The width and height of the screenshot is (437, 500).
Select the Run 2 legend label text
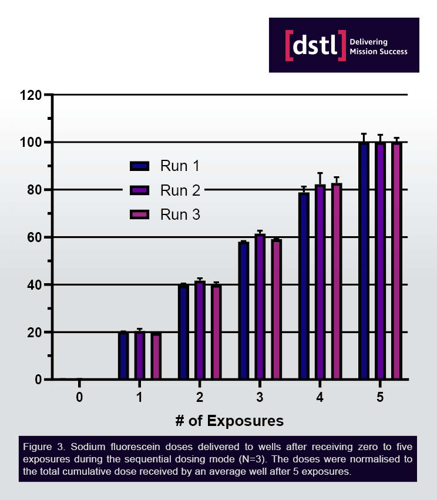(180, 190)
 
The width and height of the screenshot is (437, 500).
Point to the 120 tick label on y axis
(31, 95)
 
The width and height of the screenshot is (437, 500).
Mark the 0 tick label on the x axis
(79, 398)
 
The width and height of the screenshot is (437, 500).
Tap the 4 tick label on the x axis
(320, 398)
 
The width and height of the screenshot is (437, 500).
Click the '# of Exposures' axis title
(230, 421)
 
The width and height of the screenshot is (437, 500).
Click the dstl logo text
(315, 45)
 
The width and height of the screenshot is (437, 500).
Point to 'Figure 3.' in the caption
(42, 448)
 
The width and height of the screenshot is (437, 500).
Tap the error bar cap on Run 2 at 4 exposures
(320, 173)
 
